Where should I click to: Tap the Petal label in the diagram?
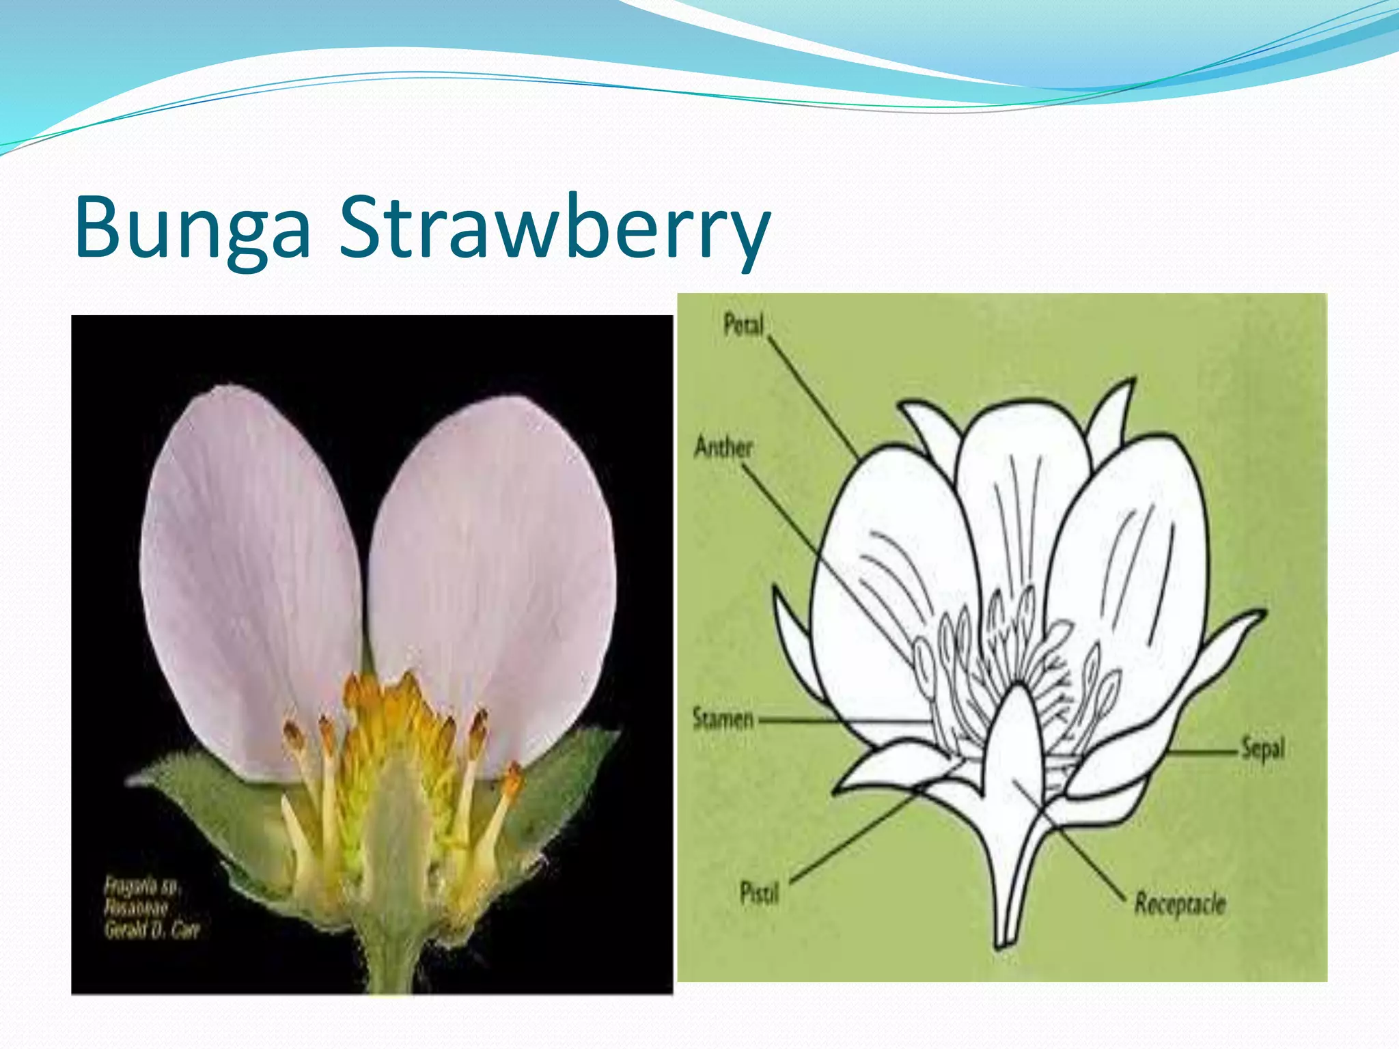click(x=743, y=325)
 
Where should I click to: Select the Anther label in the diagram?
click(x=723, y=447)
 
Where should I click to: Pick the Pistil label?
click(x=759, y=892)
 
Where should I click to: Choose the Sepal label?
click(x=1262, y=749)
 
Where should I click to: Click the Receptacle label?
click(x=1180, y=904)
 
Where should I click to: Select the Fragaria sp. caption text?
click(x=142, y=886)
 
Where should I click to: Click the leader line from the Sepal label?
click(x=1202, y=752)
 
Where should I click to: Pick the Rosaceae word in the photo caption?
click(x=137, y=908)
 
